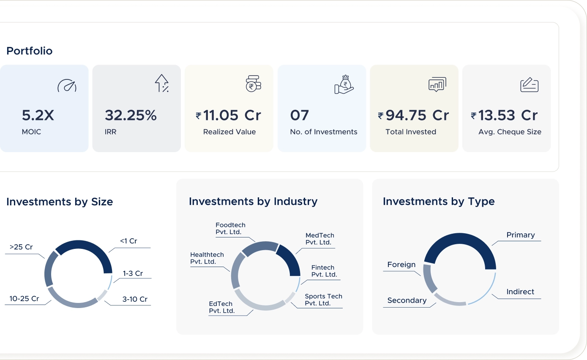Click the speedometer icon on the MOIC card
coord(67,86)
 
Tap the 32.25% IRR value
coord(131,115)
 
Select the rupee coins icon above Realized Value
coord(253,84)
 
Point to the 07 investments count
coord(299,115)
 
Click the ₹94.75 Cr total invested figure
coord(413,115)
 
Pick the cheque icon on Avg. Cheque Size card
coord(529,85)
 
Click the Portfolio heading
coord(30,51)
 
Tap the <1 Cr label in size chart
coord(128,241)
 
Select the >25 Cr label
coord(21,247)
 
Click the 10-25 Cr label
coord(24,299)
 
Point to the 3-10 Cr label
coord(135,299)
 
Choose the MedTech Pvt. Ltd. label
coord(319,239)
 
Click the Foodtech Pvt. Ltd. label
coord(230,229)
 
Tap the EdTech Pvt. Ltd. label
coord(221,307)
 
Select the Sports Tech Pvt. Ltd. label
coord(323,300)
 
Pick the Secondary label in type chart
coord(407,300)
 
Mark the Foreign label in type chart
coord(401,265)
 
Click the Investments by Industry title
coord(253,202)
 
